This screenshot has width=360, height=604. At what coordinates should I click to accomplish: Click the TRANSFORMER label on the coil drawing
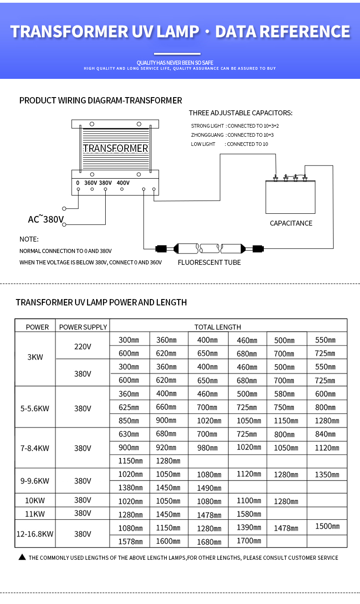pyautogui.click(x=116, y=149)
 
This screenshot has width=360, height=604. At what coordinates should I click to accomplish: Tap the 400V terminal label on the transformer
pyautogui.click(x=123, y=183)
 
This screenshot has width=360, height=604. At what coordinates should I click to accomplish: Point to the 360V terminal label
pyautogui.click(x=90, y=183)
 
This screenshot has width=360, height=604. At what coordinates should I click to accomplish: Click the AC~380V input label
pyautogui.click(x=46, y=220)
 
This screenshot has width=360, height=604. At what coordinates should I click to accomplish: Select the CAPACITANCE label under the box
pyautogui.click(x=291, y=223)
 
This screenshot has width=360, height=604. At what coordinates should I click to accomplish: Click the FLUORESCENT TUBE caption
pyautogui.click(x=209, y=263)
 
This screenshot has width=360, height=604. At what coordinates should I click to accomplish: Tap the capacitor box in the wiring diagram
pyautogui.click(x=290, y=197)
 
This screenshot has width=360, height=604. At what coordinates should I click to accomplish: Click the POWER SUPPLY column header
pyautogui.click(x=83, y=327)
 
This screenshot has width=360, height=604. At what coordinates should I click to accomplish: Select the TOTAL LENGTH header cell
pyautogui.click(x=217, y=327)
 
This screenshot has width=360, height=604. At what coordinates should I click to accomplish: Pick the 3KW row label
pyautogui.click(x=35, y=357)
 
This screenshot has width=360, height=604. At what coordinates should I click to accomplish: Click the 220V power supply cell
pyautogui.click(x=82, y=346)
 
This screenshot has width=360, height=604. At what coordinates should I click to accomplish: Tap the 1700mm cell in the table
pyautogui.click(x=249, y=541)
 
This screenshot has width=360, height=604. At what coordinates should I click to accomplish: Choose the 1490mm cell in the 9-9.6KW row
pyautogui.click(x=209, y=488)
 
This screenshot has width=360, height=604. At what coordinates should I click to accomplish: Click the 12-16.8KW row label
pyautogui.click(x=35, y=534)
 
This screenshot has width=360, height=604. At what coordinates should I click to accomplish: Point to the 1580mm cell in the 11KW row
pyautogui.click(x=249, y=514)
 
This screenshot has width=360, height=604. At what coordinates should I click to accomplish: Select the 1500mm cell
pyautogui.click(x=327, y=527)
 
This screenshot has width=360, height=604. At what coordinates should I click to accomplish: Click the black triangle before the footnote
pyautogui.click(x=22, y=557)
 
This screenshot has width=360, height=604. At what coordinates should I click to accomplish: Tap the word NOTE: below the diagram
pyautogui.click(x=29, y=239)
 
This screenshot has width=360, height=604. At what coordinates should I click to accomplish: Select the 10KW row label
pyautogui.click(x=35, y=501)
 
